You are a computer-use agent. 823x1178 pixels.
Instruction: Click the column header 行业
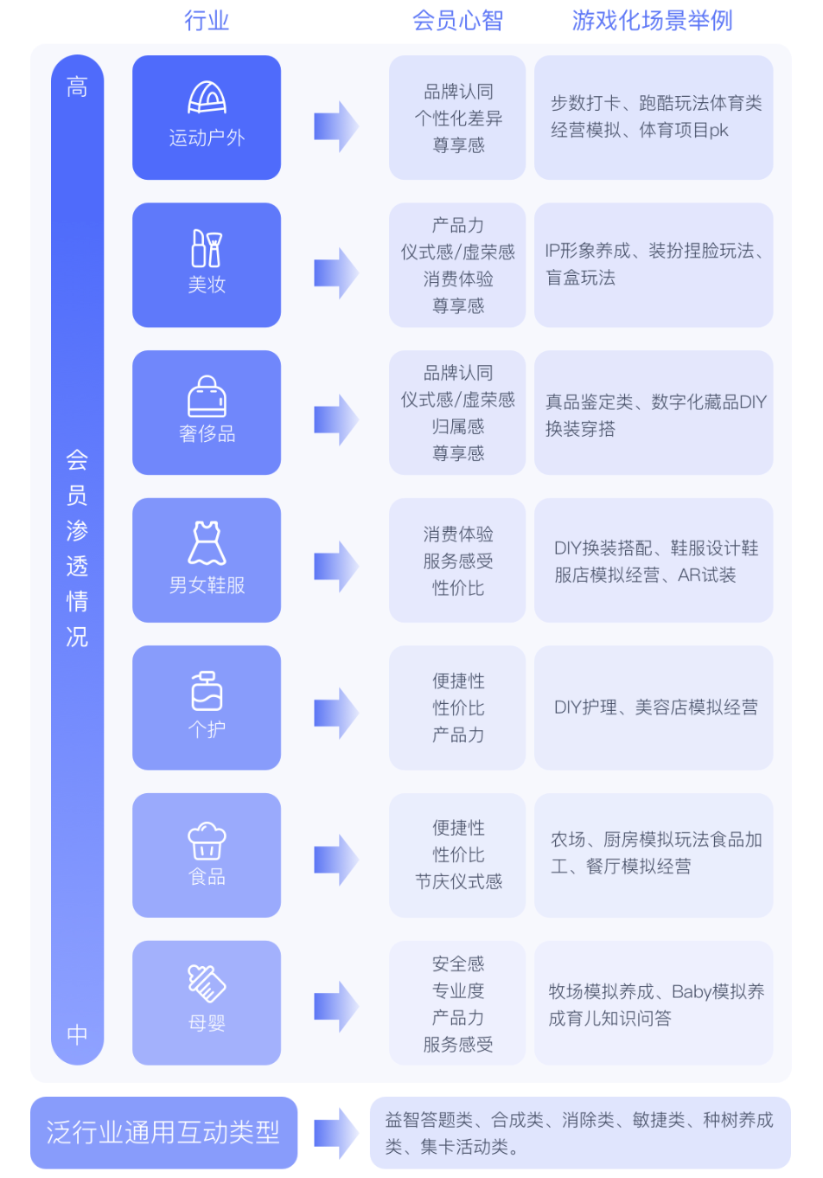coord(207,21)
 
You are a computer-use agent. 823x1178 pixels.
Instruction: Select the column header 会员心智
coord(457,21)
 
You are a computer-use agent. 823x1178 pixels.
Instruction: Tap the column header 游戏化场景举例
coord(652,21)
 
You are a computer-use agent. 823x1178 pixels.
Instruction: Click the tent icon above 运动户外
coord(207,98)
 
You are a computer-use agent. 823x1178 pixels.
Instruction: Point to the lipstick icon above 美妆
coord(207,248)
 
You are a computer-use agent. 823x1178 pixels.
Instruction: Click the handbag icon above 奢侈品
coord(207,396)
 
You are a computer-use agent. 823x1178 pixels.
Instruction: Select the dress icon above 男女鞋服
coord(207,543)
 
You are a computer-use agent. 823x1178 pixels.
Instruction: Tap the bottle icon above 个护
coord(207,691)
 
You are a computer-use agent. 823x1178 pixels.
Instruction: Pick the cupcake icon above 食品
coord(207,840)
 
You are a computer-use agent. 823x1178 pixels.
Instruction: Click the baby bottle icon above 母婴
coord(207,983)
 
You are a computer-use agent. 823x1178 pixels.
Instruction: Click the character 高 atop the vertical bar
coord(77,86)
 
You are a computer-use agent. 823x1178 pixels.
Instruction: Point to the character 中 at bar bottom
coord(77,1034)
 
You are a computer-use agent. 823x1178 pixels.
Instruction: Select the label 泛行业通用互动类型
coord(163,1132)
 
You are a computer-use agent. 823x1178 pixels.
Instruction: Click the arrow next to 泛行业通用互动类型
coord(335,1133)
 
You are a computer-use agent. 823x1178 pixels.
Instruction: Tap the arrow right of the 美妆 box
coord(335,273)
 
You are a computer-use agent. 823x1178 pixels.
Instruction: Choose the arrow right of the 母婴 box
coord(335,1007)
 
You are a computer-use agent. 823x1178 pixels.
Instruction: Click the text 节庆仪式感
coord(458,881)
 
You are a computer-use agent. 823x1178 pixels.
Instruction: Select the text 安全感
coord(458,964)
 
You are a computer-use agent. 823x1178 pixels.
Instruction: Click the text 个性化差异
coord(458,118)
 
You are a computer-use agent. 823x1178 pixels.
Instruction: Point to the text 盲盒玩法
coord(581,278)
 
